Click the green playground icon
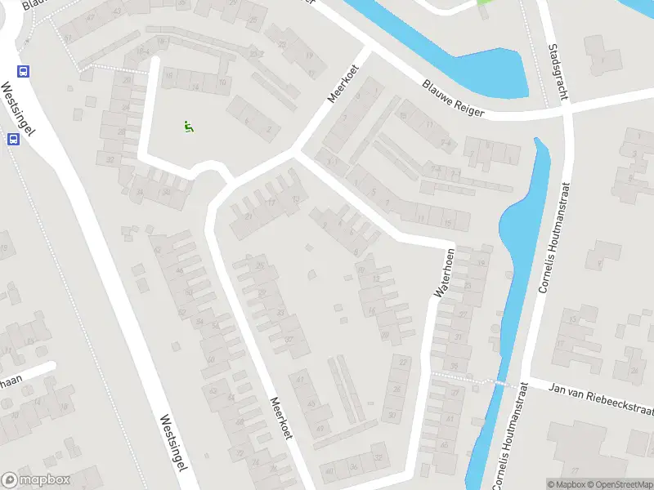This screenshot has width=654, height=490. pyautogui.click(x=189, y=127)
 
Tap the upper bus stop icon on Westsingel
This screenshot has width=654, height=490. pyautogui.click(x=23, y=71)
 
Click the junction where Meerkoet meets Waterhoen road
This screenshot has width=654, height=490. pyautogui.click(x=293, y=154)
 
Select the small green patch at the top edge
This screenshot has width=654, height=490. pyautogui.click(x=486, y=2)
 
